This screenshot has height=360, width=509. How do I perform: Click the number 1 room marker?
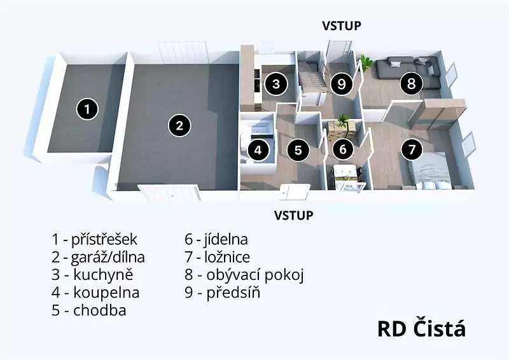coord(87,108)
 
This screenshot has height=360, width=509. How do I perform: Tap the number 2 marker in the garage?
coord(179,125)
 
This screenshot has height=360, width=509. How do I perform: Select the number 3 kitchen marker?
coord(276,84)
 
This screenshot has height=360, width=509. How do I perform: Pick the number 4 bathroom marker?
coord(258,150)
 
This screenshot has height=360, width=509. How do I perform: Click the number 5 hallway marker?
coord(298,150)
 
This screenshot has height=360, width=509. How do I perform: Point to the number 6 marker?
coord(343,149)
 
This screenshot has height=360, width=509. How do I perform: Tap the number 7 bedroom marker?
coord(412,149)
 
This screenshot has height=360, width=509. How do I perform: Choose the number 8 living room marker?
coord(411,83)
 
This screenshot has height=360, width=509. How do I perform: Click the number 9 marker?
coord(342,84)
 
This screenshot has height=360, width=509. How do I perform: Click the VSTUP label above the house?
coord(342,25)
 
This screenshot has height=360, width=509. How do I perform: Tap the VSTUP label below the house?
coord(294,215)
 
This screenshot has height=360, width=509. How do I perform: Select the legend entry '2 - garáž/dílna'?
coord(98,257)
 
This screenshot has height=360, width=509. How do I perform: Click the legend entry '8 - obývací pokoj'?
coord(244,275)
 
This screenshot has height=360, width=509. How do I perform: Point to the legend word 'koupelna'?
coord(106,293)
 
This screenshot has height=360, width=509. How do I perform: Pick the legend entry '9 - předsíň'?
coord(222,293)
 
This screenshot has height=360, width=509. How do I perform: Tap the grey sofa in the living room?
coord(407,72)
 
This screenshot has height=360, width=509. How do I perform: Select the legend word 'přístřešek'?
coord(104,240)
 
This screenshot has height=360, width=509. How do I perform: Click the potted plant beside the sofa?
coord(366,64)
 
